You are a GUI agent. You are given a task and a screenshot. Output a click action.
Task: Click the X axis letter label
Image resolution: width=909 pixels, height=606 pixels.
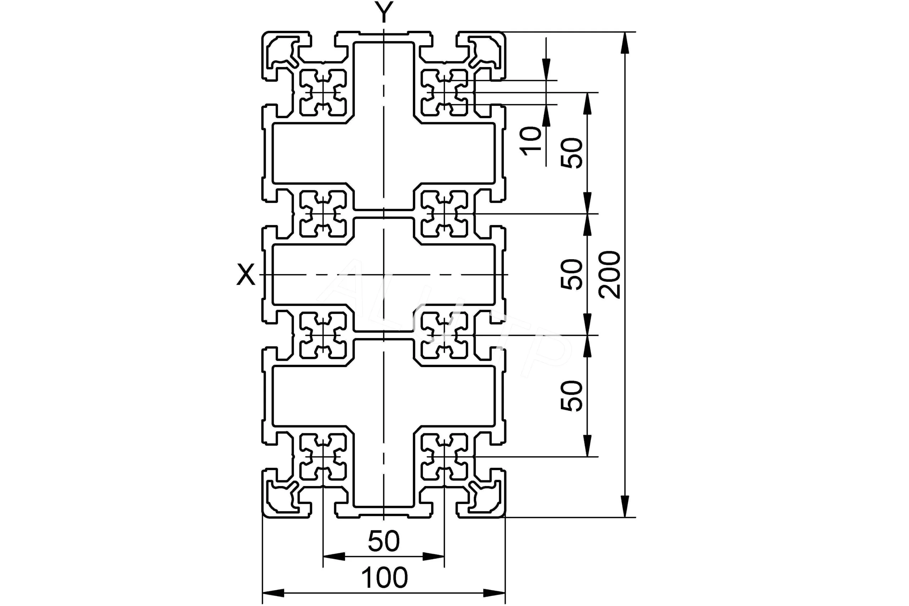pos(246,274)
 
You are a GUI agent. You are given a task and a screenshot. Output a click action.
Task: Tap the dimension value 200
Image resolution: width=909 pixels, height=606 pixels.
pos(609,275)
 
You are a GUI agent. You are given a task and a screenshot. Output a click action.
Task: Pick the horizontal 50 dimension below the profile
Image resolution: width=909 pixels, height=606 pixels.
pos(383,541)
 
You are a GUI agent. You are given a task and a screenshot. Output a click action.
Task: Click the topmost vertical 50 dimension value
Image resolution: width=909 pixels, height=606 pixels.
pos(572,153)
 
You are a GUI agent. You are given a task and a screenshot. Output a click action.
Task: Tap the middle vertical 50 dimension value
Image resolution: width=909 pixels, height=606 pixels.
pos(572,274)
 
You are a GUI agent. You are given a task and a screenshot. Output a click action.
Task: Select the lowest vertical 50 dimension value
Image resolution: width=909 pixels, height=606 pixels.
pos(572,396)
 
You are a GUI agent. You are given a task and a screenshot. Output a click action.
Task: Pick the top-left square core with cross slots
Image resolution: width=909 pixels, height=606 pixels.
pos(323,93)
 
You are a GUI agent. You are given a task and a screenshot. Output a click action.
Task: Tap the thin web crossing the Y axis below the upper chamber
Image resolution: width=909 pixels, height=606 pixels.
pos(384,214)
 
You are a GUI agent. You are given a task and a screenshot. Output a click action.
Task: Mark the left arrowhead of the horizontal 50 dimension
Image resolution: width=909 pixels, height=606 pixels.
pos(333,557)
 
